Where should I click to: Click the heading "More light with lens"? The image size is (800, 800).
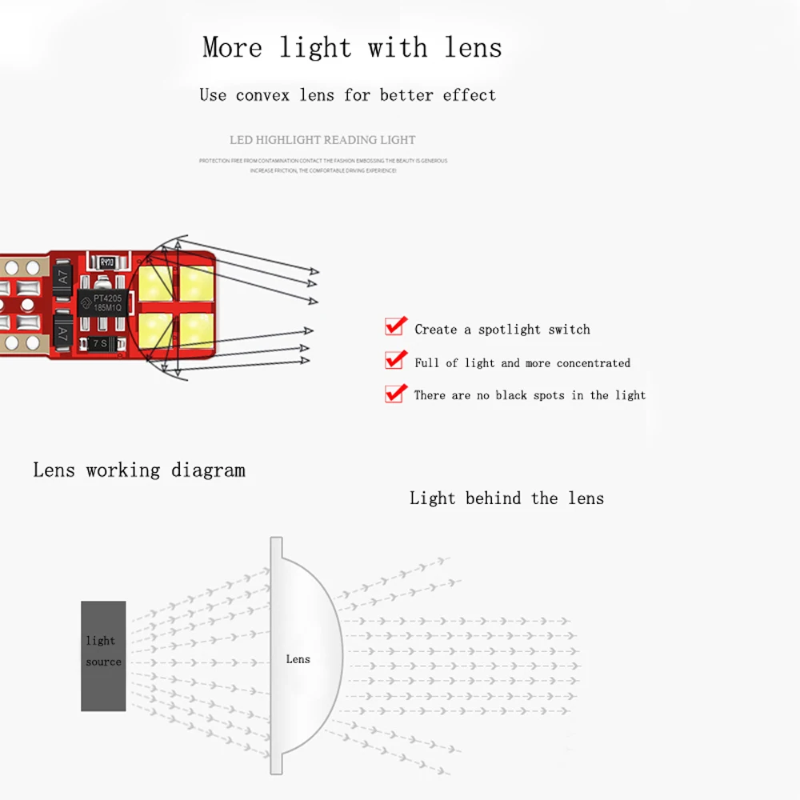352,47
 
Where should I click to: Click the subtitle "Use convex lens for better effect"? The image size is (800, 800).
347,95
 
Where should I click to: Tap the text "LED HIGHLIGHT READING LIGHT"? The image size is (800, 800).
322,140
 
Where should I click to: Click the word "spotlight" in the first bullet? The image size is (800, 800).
509,330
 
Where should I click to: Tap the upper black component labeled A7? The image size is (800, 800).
64,281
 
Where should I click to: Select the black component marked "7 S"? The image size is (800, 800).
99,342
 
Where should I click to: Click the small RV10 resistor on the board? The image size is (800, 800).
106,262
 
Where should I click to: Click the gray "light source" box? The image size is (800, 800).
103,656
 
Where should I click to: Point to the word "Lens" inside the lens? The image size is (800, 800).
298,659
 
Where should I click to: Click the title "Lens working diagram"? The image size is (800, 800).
139,470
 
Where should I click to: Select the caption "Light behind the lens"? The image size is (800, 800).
506,498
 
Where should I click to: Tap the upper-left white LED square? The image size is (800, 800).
156,282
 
